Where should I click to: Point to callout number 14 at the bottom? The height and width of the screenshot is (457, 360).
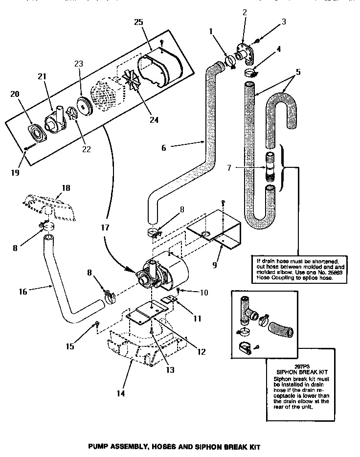click(x=119, y=393)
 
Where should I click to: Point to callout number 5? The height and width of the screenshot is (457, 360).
click(x=298, y=71)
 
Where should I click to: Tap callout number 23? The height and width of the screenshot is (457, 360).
click(x=79, y=64)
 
